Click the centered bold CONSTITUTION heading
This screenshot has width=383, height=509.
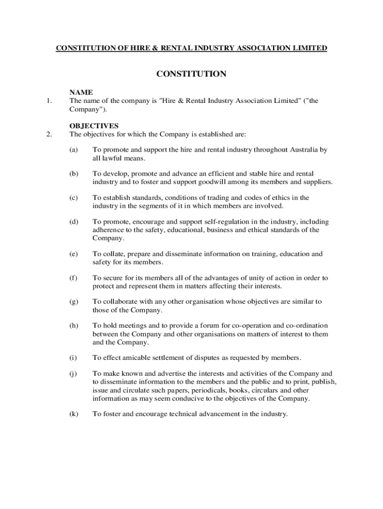click(x=191, y=74)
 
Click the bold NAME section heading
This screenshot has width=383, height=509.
click(x=81, y=92)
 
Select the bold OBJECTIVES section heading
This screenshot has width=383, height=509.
click(x=94, y=126)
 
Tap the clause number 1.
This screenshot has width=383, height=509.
click(x=49, y=101)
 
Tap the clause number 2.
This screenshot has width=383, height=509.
click(x=49, y=134)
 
